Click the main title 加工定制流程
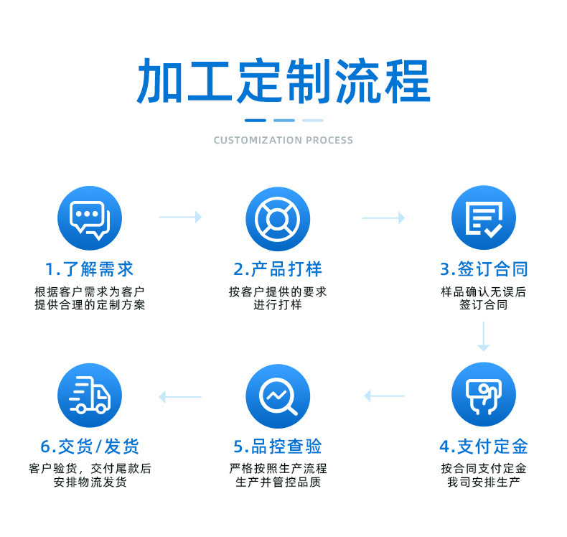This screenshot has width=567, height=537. pos(283,80)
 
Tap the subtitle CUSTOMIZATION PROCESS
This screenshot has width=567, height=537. pos(283,140)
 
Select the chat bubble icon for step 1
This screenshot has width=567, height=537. pos(90,218)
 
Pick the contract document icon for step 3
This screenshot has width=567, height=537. pos(484,218)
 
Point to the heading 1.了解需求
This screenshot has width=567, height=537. pos(90,270)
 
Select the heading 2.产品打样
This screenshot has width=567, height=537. pos(278,270)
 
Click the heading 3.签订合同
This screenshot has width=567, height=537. pos(484,270)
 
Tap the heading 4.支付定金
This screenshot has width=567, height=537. pos(484,447)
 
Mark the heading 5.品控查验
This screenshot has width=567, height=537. pos(278,447)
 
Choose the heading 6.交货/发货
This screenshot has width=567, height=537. pos(90,447)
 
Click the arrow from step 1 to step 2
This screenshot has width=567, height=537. pos(180,217)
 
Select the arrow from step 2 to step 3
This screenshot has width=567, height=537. pos(383,217)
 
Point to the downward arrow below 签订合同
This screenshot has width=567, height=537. pos(484,337)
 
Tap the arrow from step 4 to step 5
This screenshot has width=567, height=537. pos(385,396)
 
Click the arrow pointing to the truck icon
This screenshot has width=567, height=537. pos(180,396)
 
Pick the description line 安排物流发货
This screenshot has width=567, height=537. pos(90,482)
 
